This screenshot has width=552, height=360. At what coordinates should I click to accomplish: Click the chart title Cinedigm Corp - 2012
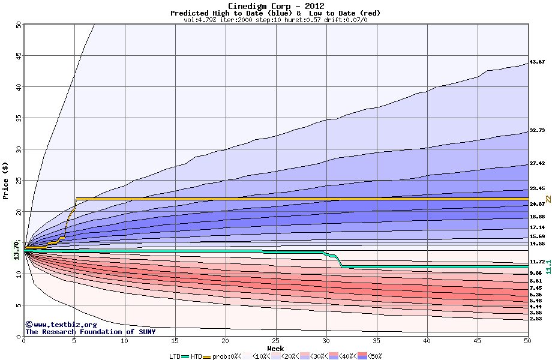click(x=275, y=6)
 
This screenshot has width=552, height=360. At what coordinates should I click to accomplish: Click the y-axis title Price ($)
click(x=6, y=181)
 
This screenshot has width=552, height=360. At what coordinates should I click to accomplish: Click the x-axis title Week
click(x=275, y=348)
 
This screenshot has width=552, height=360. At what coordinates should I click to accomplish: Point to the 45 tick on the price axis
click(x=18, y=56)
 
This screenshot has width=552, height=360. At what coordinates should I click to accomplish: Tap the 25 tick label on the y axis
click(x=18, y=181)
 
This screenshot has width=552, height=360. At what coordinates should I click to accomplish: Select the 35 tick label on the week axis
click(x=376, y=341)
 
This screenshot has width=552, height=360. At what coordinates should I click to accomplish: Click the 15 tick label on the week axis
click(x=175, y=341)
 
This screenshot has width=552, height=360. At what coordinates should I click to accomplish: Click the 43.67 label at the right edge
click(x=537, y=62)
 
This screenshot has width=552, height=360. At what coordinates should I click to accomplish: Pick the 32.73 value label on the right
click(x=537, y=130)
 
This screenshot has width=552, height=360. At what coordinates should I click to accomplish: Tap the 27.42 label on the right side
click(x=537, y=163)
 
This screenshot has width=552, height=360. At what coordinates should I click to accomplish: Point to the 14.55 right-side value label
click(x=537, y=244)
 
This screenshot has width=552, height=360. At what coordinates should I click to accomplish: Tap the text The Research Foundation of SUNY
click(x=90, y=332)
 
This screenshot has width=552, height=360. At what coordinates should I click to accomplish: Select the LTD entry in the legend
click(x=175, y=356)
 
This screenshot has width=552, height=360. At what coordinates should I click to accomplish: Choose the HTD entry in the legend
click(x=197, y=356)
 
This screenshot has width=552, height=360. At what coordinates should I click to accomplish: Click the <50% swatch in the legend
click(x=366, y=356)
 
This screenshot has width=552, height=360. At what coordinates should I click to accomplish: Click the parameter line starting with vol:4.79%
click(x=275, y=20)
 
